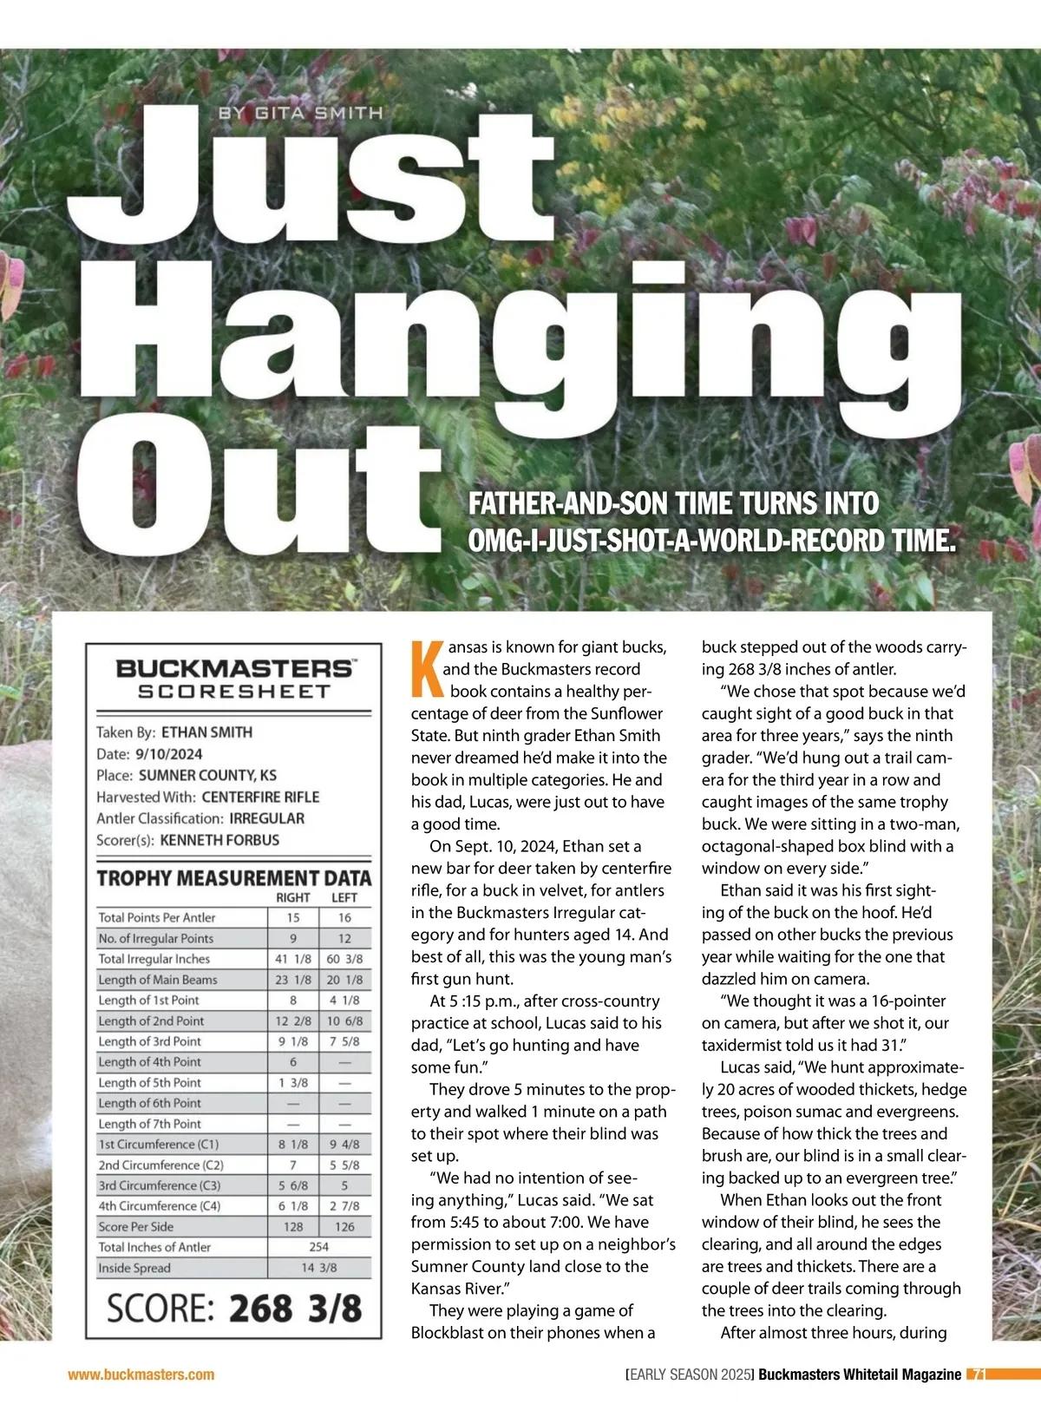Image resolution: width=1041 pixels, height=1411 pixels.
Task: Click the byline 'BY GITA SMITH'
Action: (300, 113)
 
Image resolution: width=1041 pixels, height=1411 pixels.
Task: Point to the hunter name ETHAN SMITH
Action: (206, 732)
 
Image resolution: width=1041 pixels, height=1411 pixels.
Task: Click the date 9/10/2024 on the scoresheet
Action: (168, 754)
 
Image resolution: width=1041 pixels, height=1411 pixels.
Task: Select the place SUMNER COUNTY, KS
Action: (207, 776)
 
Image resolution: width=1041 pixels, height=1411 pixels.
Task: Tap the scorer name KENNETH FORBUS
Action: (219, 840)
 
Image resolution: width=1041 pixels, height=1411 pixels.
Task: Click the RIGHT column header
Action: (293, 897)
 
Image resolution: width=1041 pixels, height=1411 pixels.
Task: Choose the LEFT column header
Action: (344, 897)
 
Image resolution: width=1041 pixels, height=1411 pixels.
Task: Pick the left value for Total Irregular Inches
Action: (344, 959)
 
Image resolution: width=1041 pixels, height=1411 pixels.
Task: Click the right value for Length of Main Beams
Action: (293, 980)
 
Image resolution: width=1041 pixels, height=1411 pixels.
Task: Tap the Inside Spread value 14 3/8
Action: (319, 1268)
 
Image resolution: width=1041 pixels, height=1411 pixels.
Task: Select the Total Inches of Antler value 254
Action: (319, 1247)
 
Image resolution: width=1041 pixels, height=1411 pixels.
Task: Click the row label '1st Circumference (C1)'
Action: (159, 1145)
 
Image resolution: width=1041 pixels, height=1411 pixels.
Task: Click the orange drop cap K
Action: (425, 669)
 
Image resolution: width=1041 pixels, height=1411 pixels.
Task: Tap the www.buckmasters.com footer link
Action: (141, 1375)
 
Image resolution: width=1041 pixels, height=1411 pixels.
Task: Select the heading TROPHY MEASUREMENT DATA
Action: (233, 878)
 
